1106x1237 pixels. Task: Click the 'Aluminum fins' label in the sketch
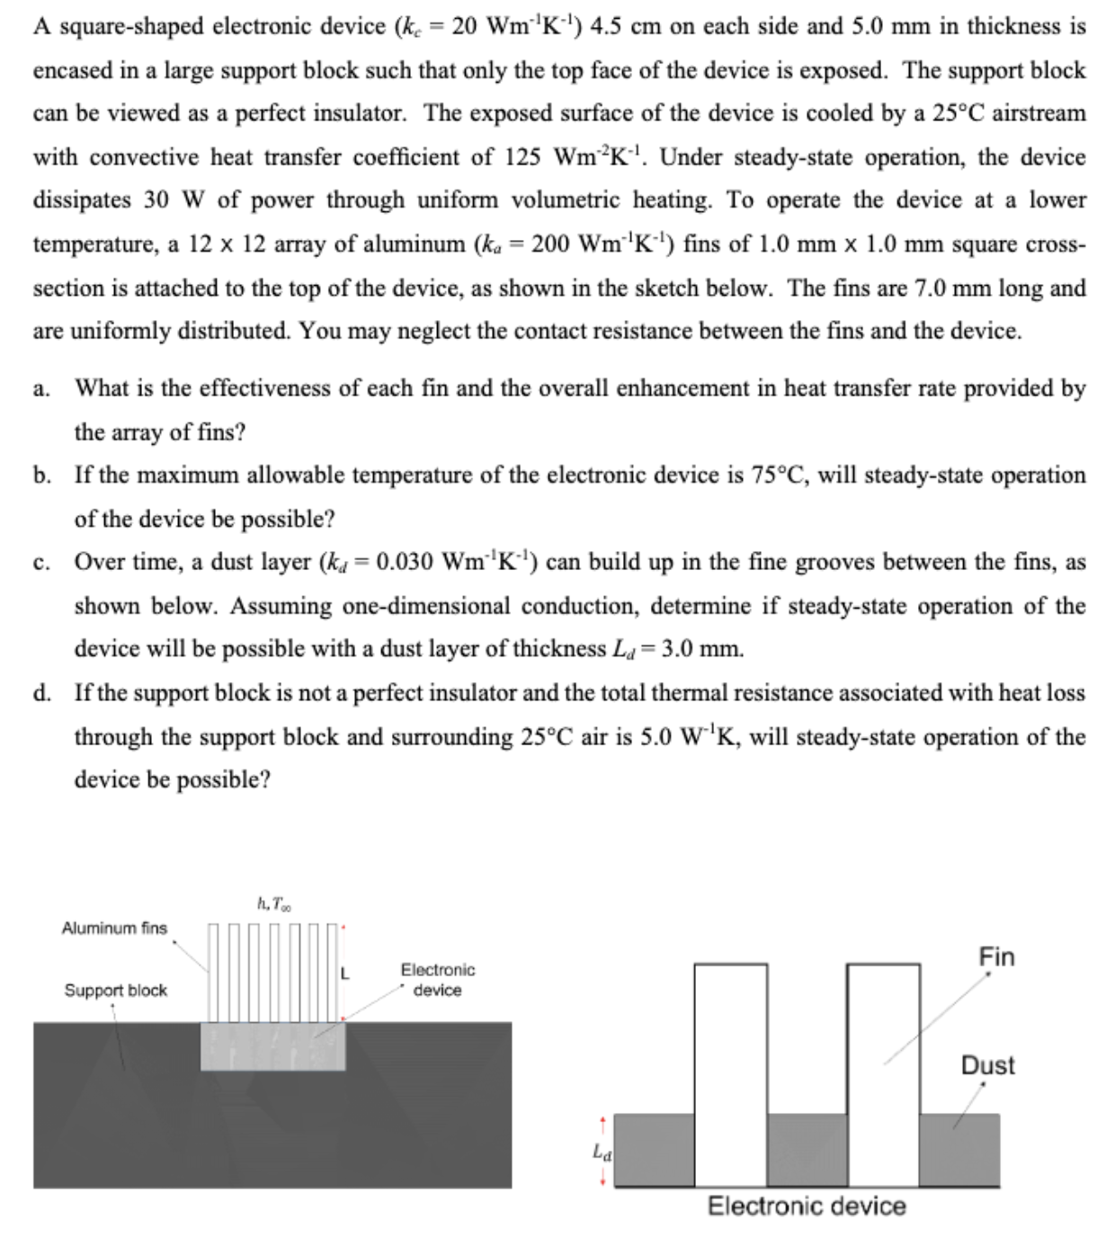tap(114, 928)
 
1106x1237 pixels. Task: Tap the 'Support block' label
tap(115, 990)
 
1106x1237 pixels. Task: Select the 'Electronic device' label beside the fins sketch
tap(437, 980)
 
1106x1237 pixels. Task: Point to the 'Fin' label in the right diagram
tap(996, 957)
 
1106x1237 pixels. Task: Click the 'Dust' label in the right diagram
tap(987, 1065)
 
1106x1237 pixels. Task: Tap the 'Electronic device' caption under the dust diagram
tap(807, 1206)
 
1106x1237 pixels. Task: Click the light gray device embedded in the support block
tap(272, 1046)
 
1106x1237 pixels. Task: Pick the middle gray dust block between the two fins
tap(807, 1150)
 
